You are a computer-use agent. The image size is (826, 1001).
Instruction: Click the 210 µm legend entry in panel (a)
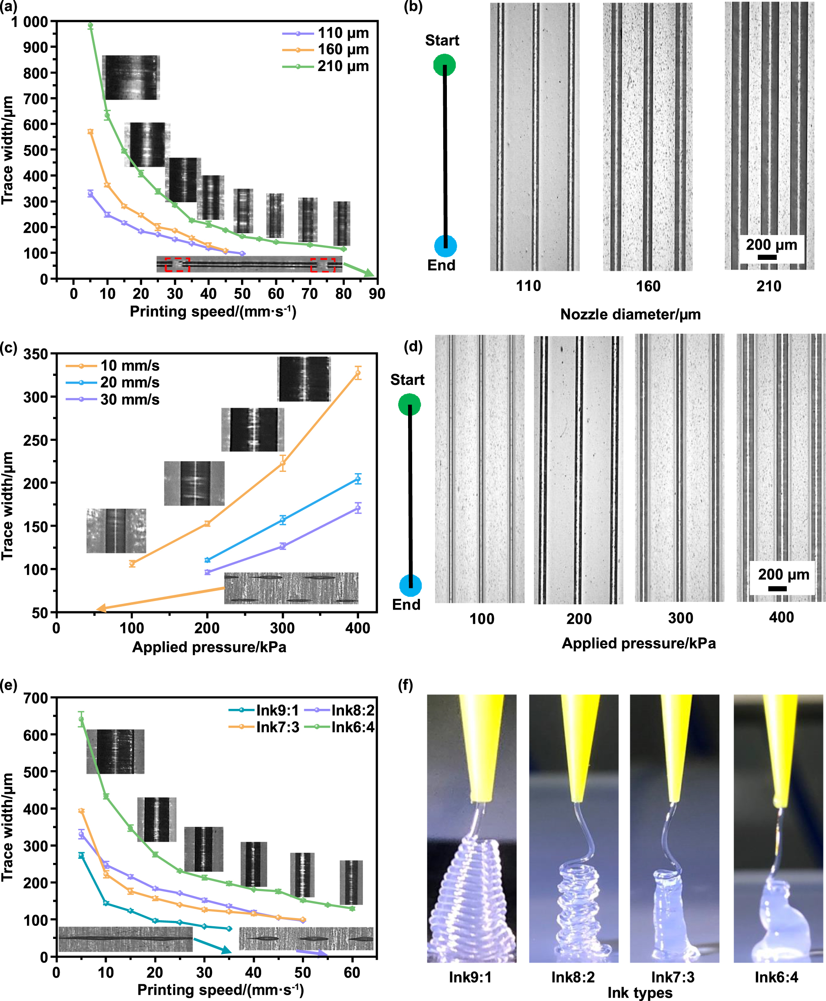point(343,66)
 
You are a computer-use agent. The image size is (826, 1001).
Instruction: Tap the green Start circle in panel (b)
point(444,65)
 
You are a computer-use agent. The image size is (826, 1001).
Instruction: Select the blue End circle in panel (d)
point(410,585)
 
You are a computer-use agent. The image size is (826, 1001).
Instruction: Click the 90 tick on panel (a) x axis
point(377,293)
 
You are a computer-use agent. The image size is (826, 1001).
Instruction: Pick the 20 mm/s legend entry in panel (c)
point(129,382)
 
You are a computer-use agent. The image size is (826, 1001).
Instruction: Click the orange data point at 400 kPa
point(358,373)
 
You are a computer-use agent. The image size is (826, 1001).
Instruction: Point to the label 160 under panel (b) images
point(648,286)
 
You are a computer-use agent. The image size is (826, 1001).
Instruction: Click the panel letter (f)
point(405,686)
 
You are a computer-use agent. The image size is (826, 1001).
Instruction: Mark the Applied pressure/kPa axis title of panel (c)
point(209,647)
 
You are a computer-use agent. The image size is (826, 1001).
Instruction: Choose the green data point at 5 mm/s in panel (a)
point(90,26)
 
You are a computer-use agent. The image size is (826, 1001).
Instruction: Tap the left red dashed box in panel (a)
point(177,265)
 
